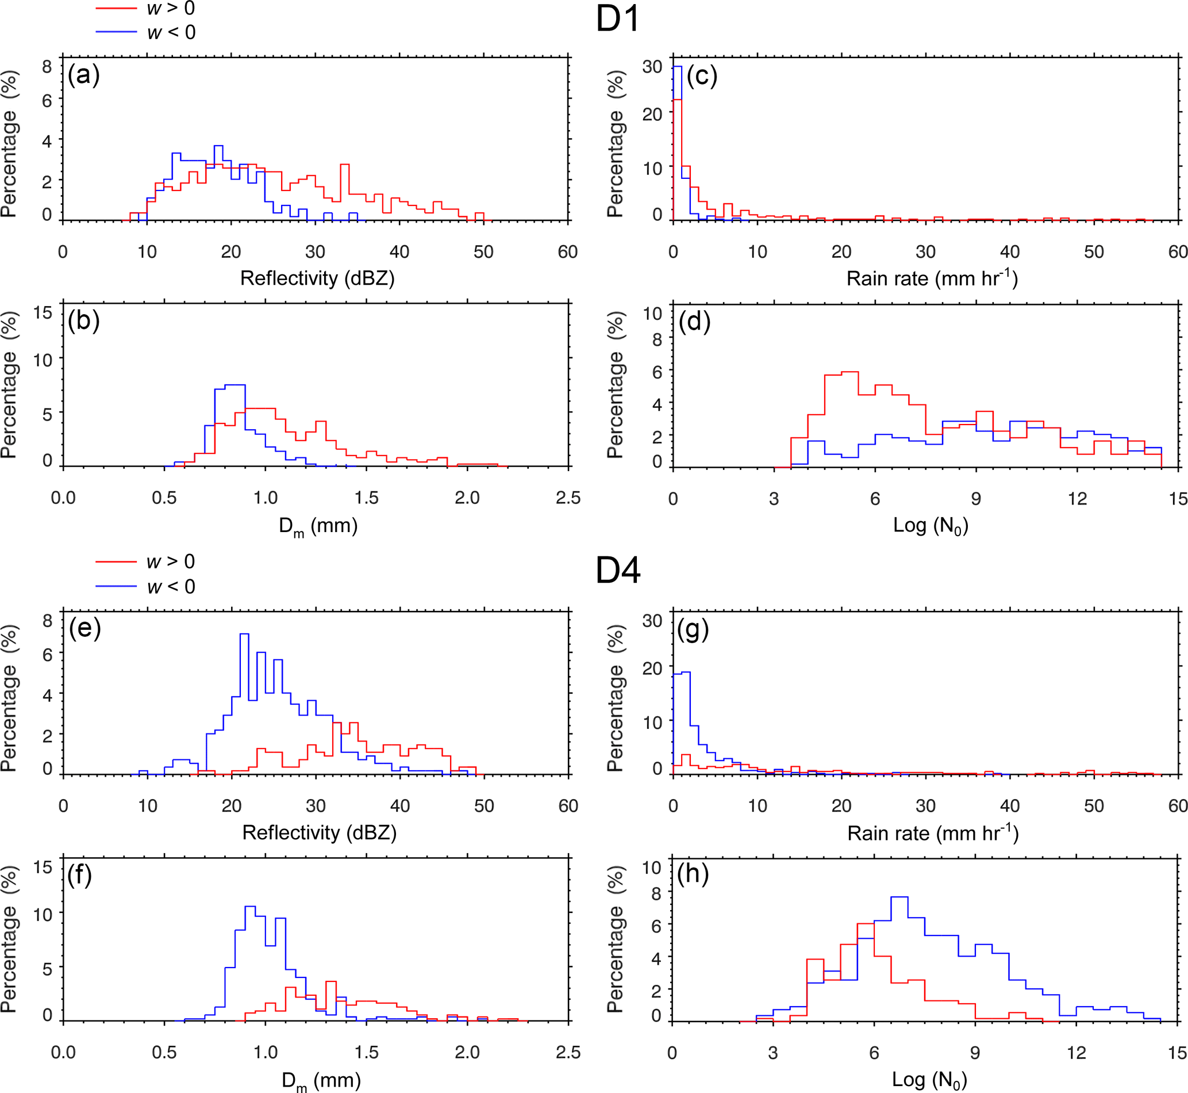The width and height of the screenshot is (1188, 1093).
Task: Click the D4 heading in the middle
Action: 618,571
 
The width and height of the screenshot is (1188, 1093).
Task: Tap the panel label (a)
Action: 83,75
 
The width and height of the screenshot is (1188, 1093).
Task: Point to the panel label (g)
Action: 693,630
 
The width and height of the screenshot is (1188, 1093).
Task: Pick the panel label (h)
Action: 693,874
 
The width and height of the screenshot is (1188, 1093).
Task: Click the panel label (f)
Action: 80,875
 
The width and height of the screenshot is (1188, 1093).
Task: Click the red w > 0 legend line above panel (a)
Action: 116,9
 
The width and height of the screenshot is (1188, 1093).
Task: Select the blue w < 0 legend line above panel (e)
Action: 116,587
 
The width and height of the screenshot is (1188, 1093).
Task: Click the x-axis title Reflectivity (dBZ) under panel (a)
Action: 317,278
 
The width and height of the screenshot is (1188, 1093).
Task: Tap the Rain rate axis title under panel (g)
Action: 933,834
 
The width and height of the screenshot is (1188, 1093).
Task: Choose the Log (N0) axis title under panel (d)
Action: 931,525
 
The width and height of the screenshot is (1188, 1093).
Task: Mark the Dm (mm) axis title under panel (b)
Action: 318,526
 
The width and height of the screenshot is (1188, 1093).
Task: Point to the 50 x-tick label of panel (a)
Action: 483,252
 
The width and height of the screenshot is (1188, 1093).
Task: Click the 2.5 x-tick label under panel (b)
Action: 568,498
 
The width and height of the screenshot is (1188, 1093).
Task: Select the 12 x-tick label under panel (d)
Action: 1077,499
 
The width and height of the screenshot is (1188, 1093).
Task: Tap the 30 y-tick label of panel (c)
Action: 652,66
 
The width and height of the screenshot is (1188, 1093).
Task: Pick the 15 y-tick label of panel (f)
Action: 43,867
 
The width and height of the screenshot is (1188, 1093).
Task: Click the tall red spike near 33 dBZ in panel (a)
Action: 345,166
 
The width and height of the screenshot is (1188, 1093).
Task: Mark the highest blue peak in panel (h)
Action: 899,897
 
